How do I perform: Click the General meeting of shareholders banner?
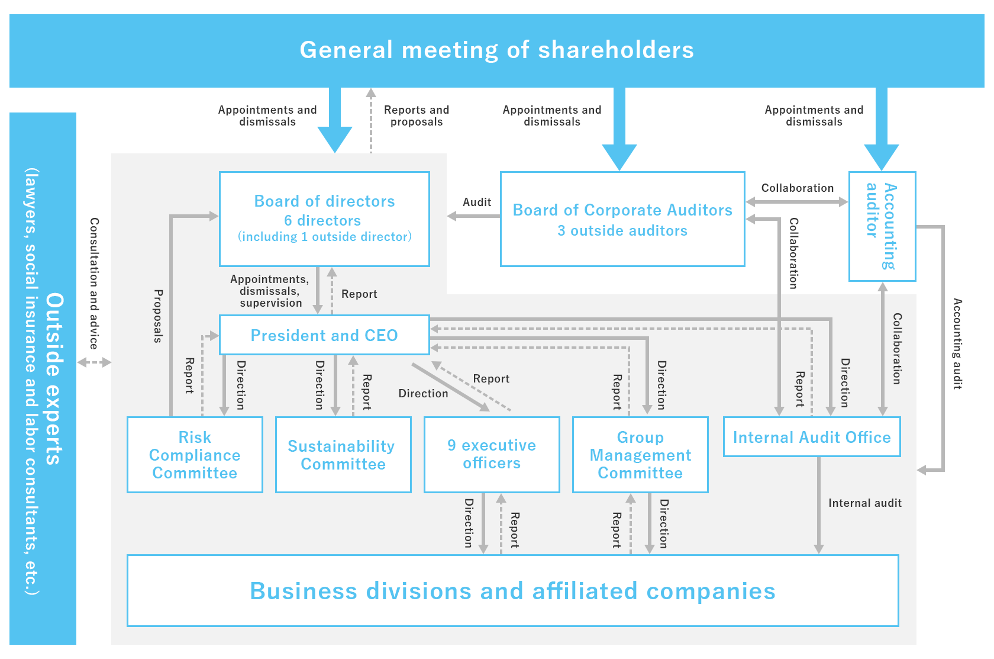point(497,50)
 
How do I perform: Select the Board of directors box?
point(324,219)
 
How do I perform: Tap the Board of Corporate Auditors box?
point(622,219)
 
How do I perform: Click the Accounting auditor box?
point(882,226)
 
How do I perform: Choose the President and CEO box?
point(324,335)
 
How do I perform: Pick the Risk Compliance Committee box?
point(195,455)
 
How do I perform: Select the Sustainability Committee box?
point(343,455)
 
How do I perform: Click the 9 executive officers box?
point(492,455)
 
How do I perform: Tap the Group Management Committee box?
point(640,455)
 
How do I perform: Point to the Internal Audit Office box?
point(812,437)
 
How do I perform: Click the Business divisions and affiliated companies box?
point(512,590)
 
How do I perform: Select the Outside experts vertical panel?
point(43,379)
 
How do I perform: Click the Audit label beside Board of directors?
point(477,202)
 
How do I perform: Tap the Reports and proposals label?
point(417,115)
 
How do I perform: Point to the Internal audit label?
point(865,503)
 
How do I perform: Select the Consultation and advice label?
point(94,283)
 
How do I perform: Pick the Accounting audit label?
point(957,343)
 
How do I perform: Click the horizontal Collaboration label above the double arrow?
point(797,188)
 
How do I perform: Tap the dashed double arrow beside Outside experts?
point(94,362)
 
